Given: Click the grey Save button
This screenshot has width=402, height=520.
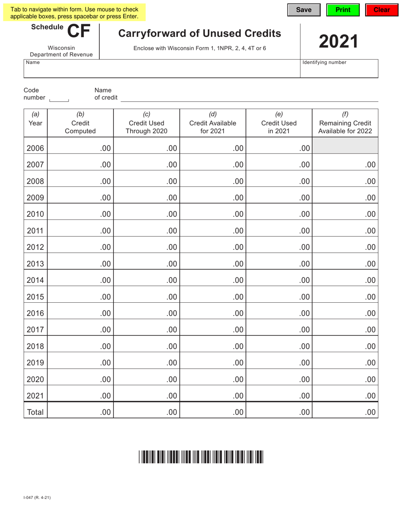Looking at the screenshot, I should (x=304, y=10).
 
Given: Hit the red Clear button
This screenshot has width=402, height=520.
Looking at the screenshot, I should (x=381, y=10).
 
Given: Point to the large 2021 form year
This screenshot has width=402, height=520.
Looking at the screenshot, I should (x=339, y=41).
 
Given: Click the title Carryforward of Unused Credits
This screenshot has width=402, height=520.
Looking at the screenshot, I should (x=199, y=33).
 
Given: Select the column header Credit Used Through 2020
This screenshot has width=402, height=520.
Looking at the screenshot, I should (x=146, y=123).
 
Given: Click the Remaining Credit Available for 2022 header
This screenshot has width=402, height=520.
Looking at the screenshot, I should (x=345, y=123).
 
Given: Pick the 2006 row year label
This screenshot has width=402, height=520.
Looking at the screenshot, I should (x=35, y=148).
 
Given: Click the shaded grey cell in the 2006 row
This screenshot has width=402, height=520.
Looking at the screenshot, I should (x=345, y=145).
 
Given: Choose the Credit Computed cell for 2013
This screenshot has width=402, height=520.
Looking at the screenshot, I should (x=80, y=264).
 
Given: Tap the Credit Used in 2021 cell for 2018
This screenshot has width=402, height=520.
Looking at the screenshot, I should (x=279, y=346).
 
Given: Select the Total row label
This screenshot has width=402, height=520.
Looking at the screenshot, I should (x=35, y=412).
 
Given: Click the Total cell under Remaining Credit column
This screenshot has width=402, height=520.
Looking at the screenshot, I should (x=345, y=412).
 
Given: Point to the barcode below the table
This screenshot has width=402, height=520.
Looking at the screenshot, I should (x=201, y=457).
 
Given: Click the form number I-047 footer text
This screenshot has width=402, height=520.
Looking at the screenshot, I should (x=37, y=498).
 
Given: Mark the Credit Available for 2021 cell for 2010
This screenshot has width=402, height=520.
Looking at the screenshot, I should (x=212, y=214).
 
